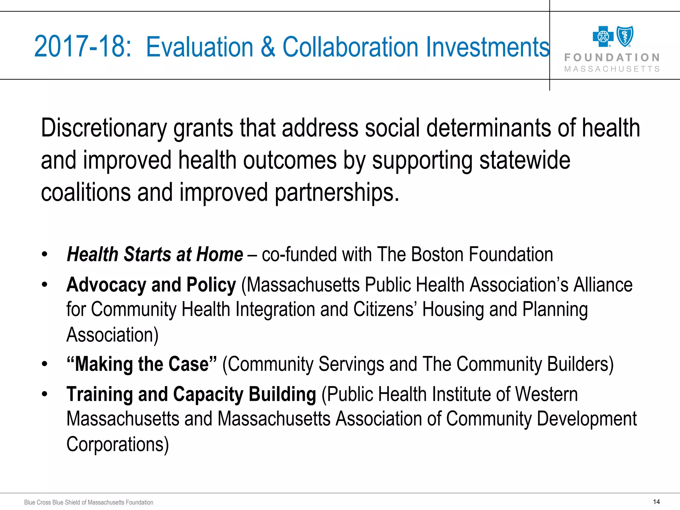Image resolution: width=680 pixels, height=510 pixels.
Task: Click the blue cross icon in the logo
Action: [603, 37]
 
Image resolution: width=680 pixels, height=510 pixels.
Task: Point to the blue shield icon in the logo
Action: [625, 36]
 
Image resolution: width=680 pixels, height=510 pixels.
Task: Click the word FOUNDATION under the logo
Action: [612, 58]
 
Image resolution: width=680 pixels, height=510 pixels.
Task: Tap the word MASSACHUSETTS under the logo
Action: [612, 69]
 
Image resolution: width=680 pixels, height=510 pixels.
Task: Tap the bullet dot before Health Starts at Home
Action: [45, 255]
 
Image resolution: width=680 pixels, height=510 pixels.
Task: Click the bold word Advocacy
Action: [106, 285]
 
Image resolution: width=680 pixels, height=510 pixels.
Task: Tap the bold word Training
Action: [100, 394]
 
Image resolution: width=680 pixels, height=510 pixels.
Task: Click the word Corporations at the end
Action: [117, 444]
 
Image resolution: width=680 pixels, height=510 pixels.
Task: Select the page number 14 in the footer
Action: [656, 502]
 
